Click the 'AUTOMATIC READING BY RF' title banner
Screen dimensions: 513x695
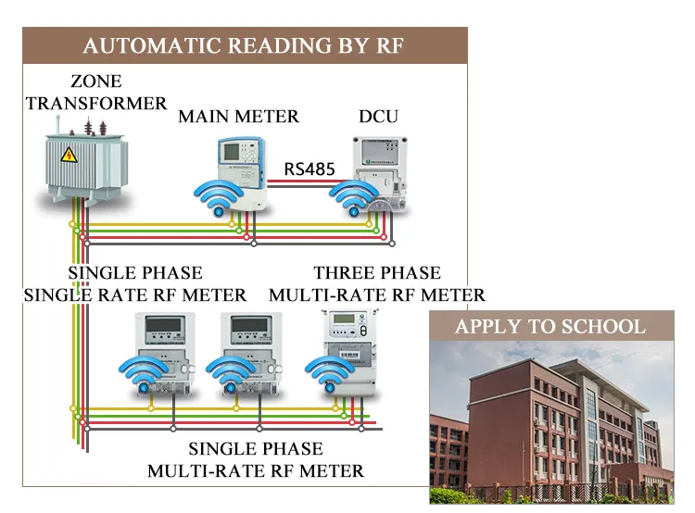245,45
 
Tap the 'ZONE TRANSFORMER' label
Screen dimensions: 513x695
96,93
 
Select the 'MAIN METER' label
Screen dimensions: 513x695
238,117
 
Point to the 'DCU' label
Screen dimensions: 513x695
378,117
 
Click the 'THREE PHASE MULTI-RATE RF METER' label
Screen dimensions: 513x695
377,284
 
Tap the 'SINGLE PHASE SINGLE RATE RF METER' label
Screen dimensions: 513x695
135,284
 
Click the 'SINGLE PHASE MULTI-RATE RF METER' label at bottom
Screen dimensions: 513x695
256,460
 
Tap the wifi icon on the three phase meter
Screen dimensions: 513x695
330,373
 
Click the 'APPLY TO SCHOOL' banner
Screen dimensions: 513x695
550,327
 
